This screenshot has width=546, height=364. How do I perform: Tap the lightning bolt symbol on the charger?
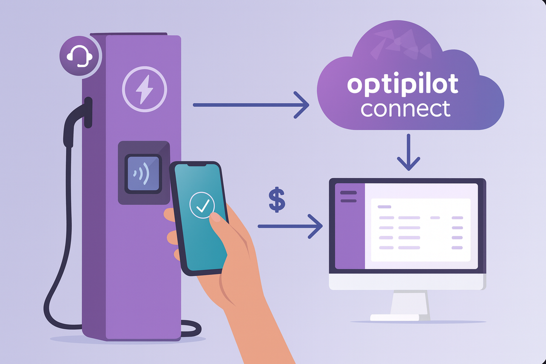144,89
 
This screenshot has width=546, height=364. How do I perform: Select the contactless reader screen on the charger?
143,173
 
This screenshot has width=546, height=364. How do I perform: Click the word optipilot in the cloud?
403,85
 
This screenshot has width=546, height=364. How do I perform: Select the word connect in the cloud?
406,108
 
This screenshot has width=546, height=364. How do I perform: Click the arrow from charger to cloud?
251,105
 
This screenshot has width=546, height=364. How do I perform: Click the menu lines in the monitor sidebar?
349,197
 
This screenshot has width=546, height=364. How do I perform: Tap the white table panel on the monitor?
420,229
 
